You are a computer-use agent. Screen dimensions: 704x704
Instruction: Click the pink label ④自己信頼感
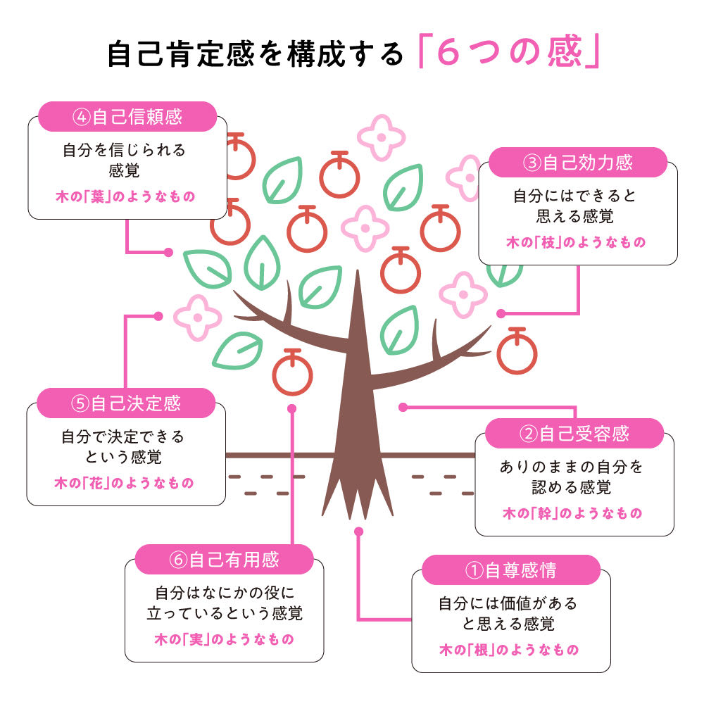127,117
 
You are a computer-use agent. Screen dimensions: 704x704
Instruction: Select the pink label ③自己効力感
577,163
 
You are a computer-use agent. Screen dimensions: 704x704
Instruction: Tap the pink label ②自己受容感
574,434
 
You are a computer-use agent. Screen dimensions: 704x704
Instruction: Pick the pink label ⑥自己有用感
224,560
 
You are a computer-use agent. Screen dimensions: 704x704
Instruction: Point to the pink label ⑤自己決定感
126,403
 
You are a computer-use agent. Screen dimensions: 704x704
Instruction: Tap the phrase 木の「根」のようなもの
509,650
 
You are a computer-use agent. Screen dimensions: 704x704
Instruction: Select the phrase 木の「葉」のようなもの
125,196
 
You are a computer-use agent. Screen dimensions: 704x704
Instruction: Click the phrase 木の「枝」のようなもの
576,243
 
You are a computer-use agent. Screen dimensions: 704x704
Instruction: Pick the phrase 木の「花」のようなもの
125,484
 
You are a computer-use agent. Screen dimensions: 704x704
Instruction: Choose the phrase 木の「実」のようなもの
224,639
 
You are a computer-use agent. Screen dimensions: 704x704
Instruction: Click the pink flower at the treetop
381,137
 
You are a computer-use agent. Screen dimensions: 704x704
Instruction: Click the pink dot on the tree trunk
403,407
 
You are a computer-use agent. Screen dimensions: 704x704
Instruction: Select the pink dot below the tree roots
358,531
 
